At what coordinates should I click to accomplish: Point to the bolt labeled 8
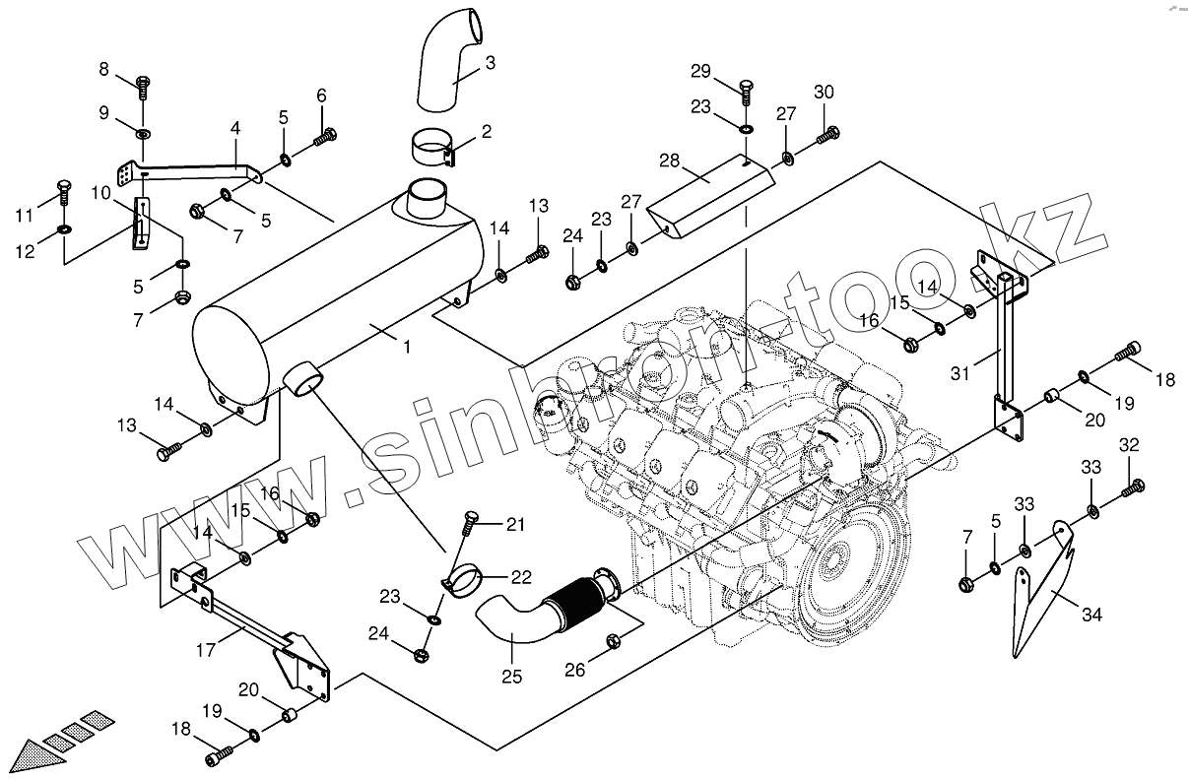coord(142,88)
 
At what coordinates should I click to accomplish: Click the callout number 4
coord(235,129)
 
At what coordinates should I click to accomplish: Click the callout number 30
coord(824,92)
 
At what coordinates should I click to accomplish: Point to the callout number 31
coord(961,372)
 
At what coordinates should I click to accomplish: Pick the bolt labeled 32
coord(1137,485)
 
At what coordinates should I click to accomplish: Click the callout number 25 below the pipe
coord(511,677)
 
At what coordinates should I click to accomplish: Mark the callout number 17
coord(206,649)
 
